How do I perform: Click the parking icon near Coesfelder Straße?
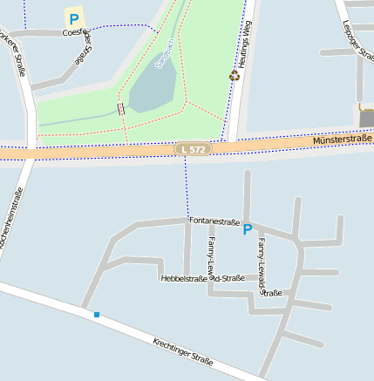pos(73,17)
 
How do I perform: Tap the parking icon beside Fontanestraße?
pos(247,229)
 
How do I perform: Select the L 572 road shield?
pos(193,149)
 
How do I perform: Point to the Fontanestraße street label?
pos(214,221)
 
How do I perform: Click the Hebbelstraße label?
pos(183,278)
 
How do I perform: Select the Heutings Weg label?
pos(246,39)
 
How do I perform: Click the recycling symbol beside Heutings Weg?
pos(234,76)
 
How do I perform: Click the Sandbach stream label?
pos(164,52)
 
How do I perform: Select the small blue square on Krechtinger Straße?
pos(97,314)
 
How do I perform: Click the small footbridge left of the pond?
pos(120,109)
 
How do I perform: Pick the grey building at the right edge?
pos(366,117)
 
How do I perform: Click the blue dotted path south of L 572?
pos(186,187)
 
